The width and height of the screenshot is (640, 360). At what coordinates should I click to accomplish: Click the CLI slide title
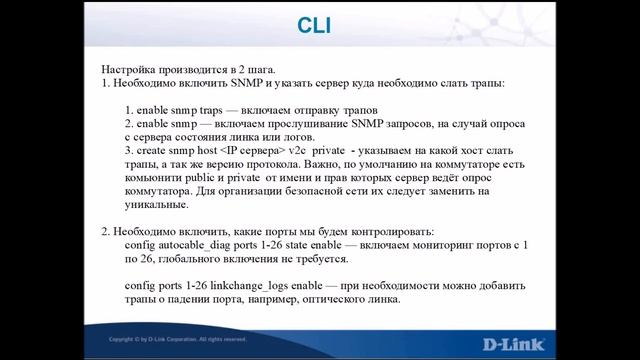[320, 24]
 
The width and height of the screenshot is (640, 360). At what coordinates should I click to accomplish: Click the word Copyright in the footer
[126, 340]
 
